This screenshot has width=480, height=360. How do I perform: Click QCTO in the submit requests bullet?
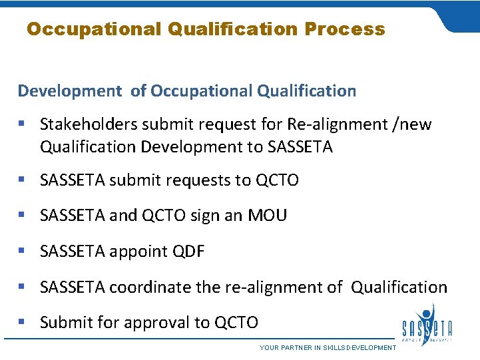click(x=277, y=180)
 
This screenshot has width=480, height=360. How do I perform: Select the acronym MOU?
click(x=267, y=216)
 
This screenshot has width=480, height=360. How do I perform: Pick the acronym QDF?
click(x=188, y=252)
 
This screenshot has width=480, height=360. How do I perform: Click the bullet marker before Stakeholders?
click(x=23, y=124)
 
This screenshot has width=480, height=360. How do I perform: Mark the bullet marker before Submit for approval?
click(x=23, y=323)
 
